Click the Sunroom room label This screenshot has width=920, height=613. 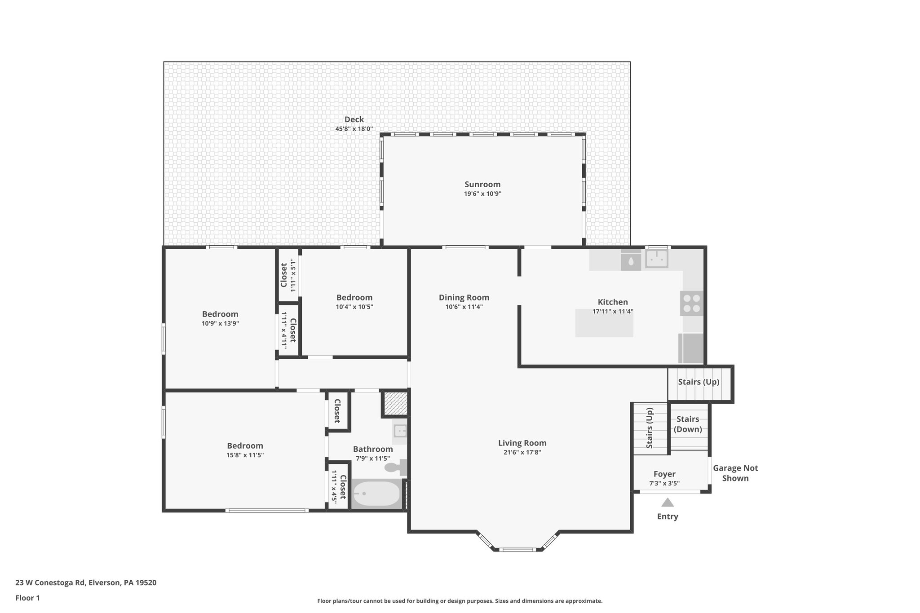click(482, 185)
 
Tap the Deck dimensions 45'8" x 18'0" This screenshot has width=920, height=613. click(354, 129)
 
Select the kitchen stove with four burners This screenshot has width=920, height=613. click(692, 303)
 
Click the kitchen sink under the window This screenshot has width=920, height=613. click(656, 259)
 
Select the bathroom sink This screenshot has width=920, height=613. click(400, 431)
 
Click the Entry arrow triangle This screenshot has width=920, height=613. click(668, 503)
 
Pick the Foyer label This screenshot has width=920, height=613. click(664, 474)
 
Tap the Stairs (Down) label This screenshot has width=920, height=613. click(688, 424)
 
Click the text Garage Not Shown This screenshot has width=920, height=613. click(735, 473)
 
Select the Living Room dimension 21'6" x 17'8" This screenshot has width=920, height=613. click(522, 452)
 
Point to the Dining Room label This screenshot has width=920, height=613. click(464, 297)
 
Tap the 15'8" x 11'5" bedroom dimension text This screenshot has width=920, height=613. click(245, 455)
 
